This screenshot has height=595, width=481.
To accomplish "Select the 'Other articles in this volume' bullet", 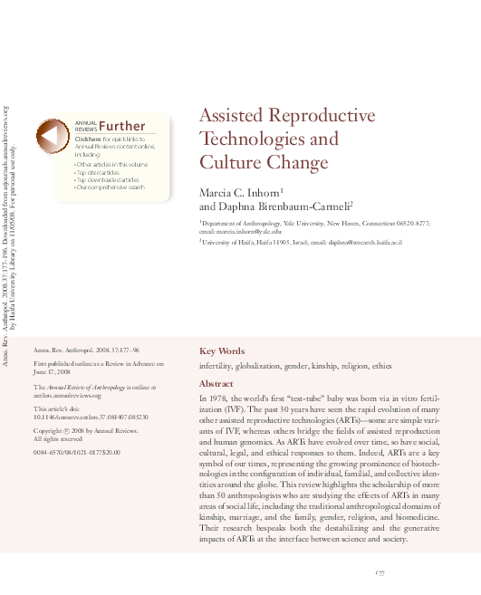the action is (x=111, y=165).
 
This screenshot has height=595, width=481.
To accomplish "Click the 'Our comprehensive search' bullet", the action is (x=110, y=187).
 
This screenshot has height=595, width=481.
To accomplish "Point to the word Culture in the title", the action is (x=230, y=163).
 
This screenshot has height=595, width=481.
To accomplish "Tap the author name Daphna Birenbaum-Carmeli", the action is (x=273, y=206).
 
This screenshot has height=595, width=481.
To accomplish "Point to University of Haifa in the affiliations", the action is (x=234, y=243).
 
